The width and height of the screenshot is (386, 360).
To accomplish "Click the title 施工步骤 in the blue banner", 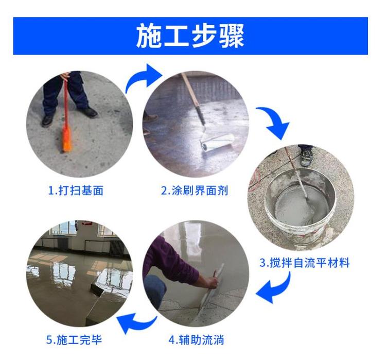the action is point(190,36).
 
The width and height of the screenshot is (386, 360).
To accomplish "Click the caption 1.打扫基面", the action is point(76,191).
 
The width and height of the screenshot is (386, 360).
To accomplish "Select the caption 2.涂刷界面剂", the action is point(195,191).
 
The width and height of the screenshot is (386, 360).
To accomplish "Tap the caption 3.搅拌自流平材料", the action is point(305,263).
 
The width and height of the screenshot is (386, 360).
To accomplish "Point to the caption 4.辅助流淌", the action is point(196,340).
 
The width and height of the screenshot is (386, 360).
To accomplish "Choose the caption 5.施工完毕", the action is point(74,340).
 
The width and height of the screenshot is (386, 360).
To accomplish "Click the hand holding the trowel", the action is point(211,281).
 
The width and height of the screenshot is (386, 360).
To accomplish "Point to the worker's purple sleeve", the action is point(172,261).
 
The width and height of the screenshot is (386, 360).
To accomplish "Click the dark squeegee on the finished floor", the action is point(97,290).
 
